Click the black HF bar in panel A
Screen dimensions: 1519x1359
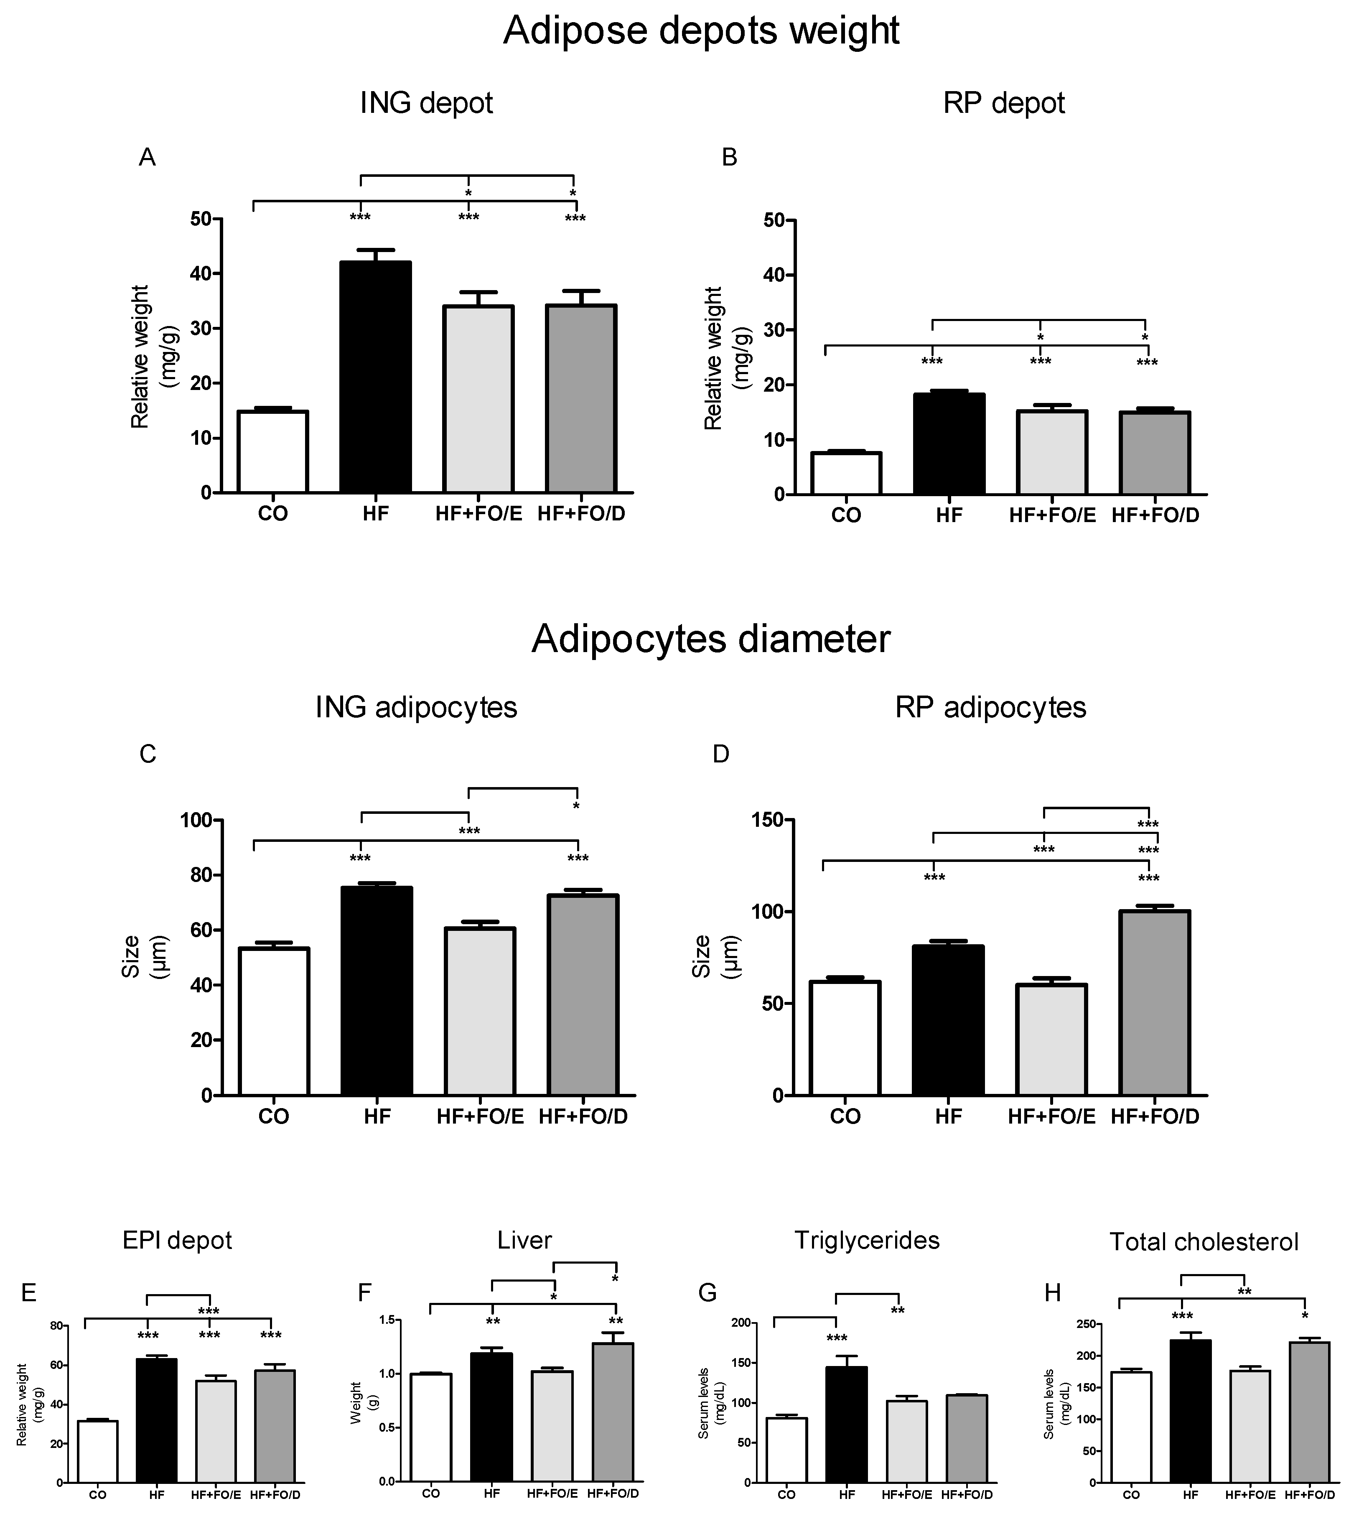[376, 377]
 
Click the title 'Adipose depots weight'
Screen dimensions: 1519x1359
[700, 31]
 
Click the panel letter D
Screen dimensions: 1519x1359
[720, 754]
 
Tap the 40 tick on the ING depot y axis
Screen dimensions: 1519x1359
[200, 273]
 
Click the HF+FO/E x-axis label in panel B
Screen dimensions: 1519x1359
[1052, 515]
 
